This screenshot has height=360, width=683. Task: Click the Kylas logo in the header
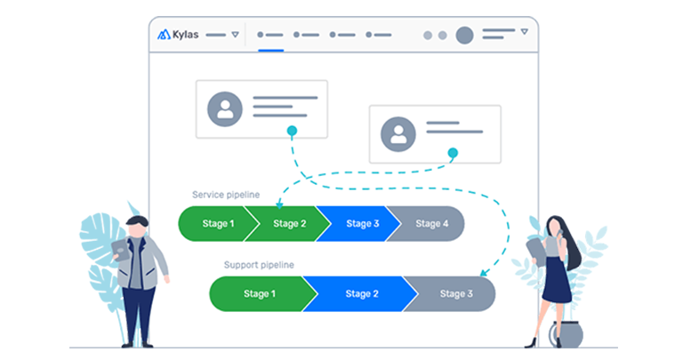coord(178,35)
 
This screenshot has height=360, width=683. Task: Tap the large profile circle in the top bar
coord(464,35)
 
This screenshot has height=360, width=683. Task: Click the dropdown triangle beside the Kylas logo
coord(235,35)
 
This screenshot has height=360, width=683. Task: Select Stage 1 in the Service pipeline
coord(213,223)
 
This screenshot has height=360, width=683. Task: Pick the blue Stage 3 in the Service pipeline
coord(360,223)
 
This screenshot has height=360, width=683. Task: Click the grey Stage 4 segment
coord(432,223)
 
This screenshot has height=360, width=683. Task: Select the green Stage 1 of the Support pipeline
coord(259,293)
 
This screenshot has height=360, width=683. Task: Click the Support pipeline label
coord(258,265)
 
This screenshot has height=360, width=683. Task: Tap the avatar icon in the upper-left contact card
coord(225,109)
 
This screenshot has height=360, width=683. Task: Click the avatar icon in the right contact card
coord(398,134)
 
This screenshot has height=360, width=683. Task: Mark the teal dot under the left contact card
coord(291,131)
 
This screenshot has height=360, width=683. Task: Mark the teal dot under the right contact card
coord(452,153)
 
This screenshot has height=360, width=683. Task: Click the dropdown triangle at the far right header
coord(525,32)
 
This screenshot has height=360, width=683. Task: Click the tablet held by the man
coord(120,249)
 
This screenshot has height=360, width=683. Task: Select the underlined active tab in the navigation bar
coord(270,36)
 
